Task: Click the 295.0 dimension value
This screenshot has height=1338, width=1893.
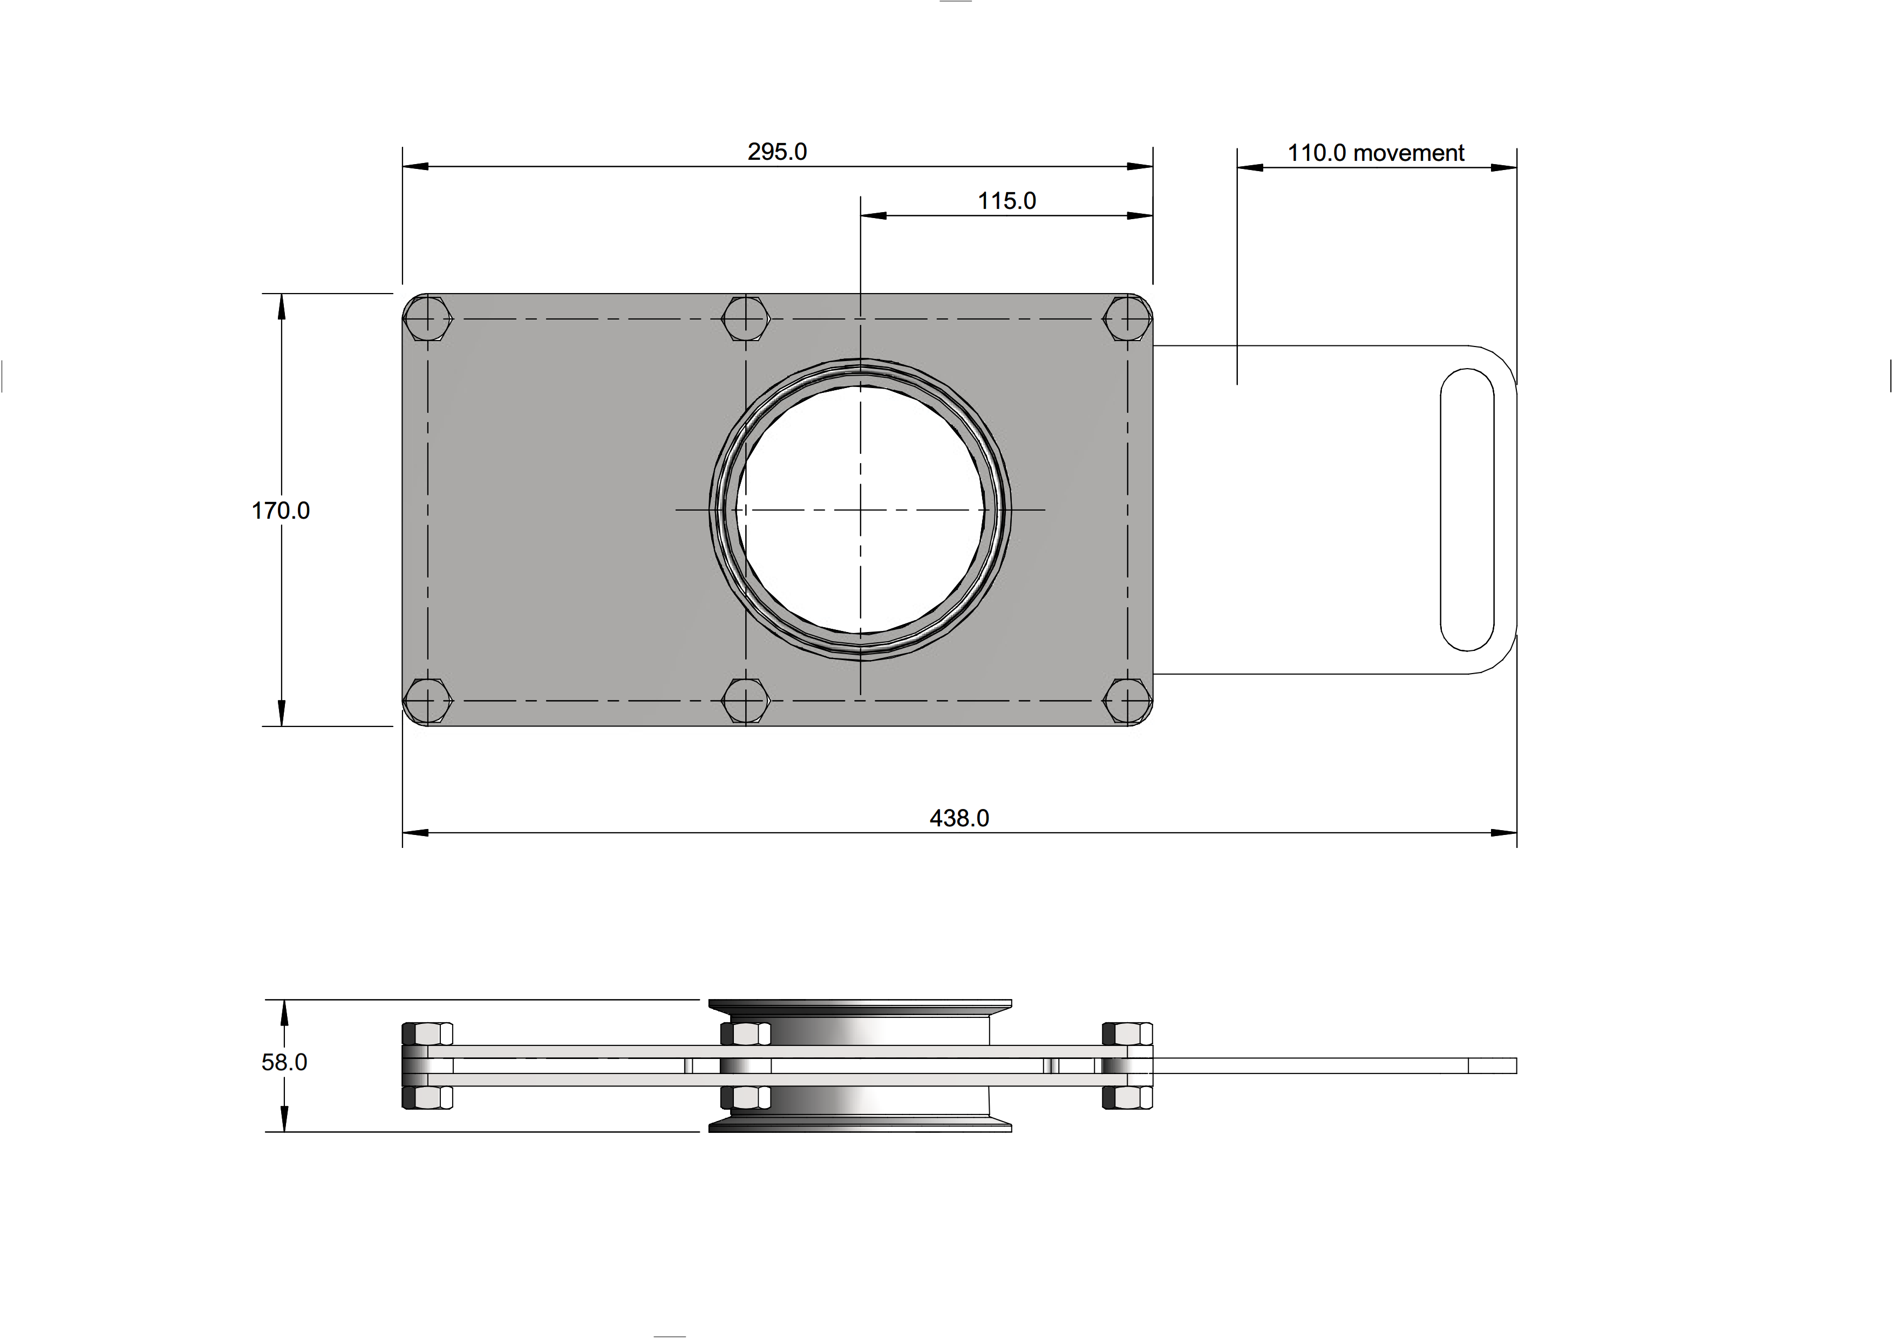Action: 777,152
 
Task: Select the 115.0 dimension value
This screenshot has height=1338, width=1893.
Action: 1007,201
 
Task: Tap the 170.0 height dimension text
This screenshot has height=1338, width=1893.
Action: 280,511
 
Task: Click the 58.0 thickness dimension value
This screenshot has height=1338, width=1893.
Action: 284,1063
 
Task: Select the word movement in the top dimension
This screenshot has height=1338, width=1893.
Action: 1409,153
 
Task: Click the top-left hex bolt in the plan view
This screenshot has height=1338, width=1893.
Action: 428,319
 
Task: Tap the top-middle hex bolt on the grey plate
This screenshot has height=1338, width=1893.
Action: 745,319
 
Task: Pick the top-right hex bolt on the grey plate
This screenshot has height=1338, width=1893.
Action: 1127,319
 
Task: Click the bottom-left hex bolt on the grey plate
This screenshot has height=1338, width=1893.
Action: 428,701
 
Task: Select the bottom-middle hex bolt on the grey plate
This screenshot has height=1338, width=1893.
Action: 745,701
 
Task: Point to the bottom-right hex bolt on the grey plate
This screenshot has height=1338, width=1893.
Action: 1127,701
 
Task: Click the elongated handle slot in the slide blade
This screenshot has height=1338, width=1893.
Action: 1467,510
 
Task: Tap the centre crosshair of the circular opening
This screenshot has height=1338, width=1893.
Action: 860,510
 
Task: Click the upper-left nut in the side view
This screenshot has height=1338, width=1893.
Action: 427,1033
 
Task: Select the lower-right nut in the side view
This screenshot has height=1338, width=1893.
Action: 1127,1097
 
